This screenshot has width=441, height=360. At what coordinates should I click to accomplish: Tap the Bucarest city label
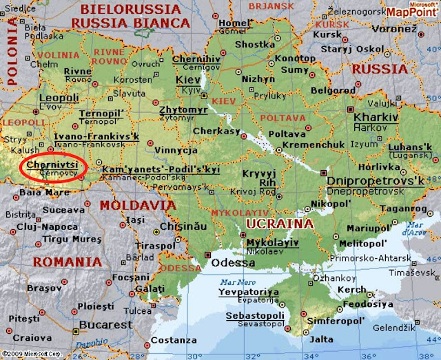pos(105,324)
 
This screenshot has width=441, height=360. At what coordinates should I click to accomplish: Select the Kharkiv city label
pos(376,118)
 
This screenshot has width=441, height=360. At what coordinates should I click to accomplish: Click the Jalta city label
pos(321,339)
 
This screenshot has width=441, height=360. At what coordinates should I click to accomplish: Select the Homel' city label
pos(235,23)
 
